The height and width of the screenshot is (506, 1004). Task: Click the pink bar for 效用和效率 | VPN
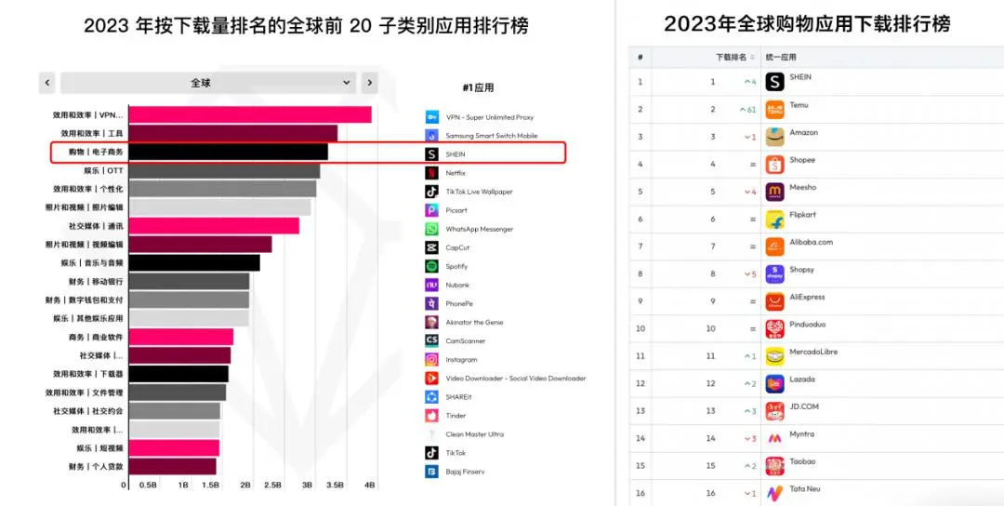(249, 114)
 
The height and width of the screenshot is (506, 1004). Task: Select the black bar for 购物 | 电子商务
(228, 152)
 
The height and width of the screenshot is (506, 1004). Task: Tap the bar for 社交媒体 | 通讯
(214, 226)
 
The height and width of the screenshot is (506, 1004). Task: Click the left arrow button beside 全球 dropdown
(47, 83)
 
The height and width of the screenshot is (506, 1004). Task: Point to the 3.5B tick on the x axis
(336, 486)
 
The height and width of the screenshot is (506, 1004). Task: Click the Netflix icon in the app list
(431, 173)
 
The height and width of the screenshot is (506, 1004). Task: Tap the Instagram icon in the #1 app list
(431, 360)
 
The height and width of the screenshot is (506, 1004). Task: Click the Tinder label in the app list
(456, 416)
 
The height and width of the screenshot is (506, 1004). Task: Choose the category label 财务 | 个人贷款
(95, 466)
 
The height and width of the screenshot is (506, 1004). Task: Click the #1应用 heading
(478, 87)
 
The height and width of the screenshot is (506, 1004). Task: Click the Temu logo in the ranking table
(774, 110)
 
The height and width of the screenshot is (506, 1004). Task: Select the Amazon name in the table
(804, 133)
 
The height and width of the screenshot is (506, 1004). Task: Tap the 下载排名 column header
(731, 58)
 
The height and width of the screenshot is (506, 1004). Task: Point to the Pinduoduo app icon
(774, 328)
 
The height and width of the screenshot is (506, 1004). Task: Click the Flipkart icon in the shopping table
(774, 220)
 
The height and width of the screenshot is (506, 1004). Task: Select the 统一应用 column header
(781, 58)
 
